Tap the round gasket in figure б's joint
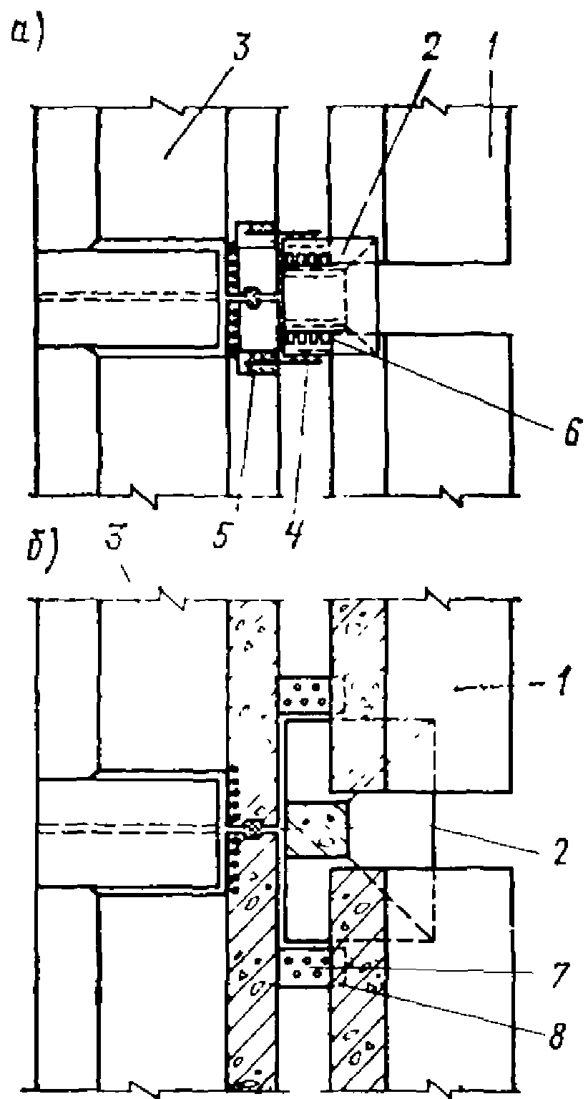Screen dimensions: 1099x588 tap(252, 828)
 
